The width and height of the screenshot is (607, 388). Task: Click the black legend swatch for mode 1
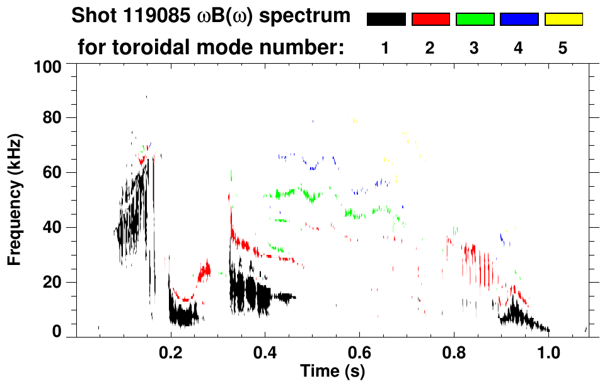click(386, 20)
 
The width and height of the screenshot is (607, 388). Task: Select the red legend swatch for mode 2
click(431, 20)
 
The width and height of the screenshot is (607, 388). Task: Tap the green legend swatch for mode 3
click(475, 20)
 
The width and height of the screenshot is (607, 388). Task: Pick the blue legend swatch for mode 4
click(519, 20)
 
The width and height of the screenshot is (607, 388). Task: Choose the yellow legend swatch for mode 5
click(563, 20)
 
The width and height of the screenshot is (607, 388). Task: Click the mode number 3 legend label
click(475, 49)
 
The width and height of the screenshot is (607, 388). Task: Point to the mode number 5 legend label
click(563, 49)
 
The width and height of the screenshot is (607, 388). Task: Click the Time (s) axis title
click(332, 371)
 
